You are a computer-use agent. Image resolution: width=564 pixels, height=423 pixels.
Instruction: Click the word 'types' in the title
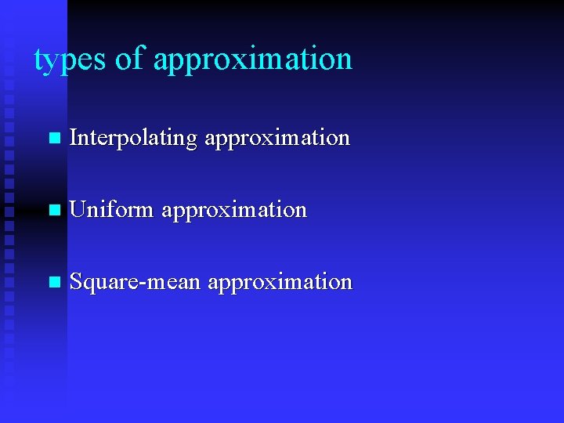coord(70,60)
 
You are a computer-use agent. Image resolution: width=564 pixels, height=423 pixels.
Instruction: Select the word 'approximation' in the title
coord(252,60)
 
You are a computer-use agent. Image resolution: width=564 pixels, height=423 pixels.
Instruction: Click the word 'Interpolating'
coord(132,139)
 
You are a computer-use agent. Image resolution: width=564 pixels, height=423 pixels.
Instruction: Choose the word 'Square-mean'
coord(135,282)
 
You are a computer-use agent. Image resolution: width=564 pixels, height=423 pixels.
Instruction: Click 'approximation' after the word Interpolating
coord(277,139)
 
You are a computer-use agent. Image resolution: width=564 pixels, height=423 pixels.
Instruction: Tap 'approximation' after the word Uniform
coord(233,211)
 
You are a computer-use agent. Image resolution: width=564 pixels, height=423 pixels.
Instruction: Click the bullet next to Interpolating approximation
coord(53,139)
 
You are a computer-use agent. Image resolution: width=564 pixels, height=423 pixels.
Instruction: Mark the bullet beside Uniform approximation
coord(53,211)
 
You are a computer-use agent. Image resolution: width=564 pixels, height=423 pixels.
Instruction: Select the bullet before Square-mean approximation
coord(53,283)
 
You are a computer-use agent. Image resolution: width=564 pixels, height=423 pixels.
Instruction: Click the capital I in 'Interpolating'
coord(74,138)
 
